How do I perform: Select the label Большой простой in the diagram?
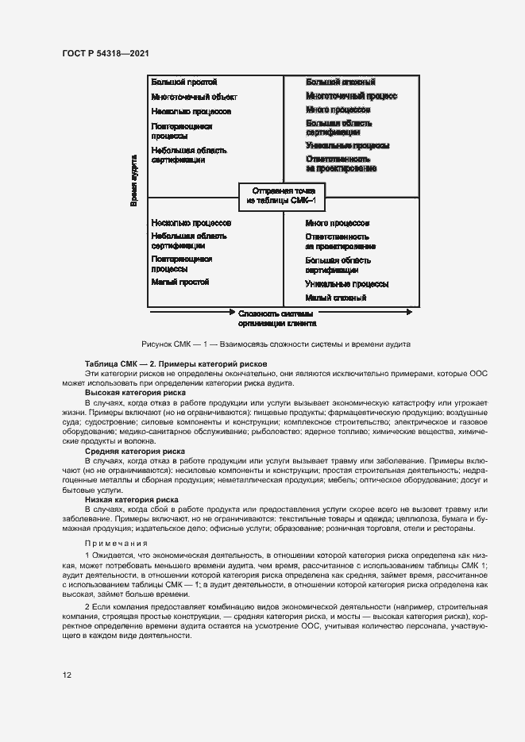[x=184, y=82]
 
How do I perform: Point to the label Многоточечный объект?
[x=194, y=97]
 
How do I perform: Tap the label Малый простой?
[x=180, y=282]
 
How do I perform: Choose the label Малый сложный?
[x=335, y=298]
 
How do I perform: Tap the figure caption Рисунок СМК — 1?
[x=276, y=344]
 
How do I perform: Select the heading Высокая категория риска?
[x=135, y=393]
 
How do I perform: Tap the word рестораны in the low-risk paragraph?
[x=453, y=528]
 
